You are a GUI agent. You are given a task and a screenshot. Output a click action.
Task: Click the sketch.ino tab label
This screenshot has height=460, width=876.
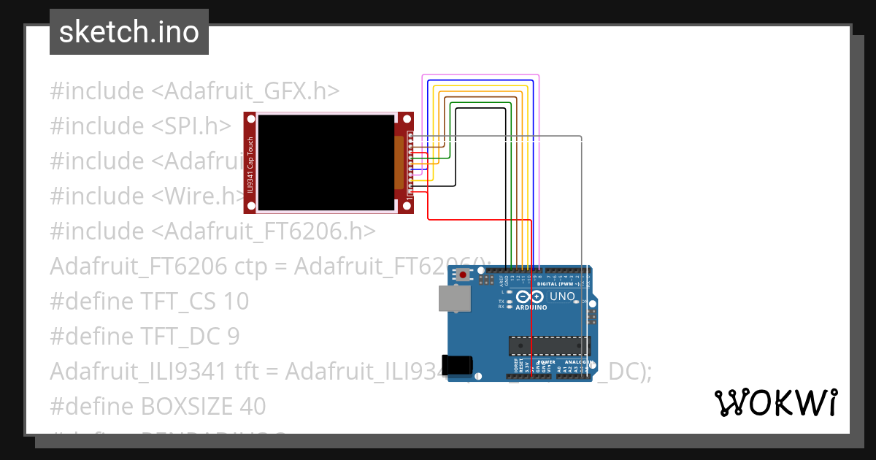128,32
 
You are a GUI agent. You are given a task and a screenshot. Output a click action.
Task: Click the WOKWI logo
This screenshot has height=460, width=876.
775,402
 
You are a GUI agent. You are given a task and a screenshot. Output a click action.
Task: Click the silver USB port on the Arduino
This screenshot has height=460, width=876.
454,299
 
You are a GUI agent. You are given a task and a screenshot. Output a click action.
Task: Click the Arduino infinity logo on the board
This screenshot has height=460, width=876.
529,296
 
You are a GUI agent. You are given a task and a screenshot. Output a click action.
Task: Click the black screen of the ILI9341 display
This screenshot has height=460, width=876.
325,163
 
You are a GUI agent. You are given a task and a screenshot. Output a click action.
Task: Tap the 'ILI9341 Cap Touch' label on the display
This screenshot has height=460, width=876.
250,163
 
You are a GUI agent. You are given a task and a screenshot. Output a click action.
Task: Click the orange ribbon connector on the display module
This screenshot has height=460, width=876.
399,163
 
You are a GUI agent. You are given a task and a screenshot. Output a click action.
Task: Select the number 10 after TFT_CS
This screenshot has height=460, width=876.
236,301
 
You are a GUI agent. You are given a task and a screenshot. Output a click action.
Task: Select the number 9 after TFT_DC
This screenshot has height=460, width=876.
233,336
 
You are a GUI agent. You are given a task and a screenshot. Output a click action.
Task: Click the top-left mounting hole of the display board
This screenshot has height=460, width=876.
250,118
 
